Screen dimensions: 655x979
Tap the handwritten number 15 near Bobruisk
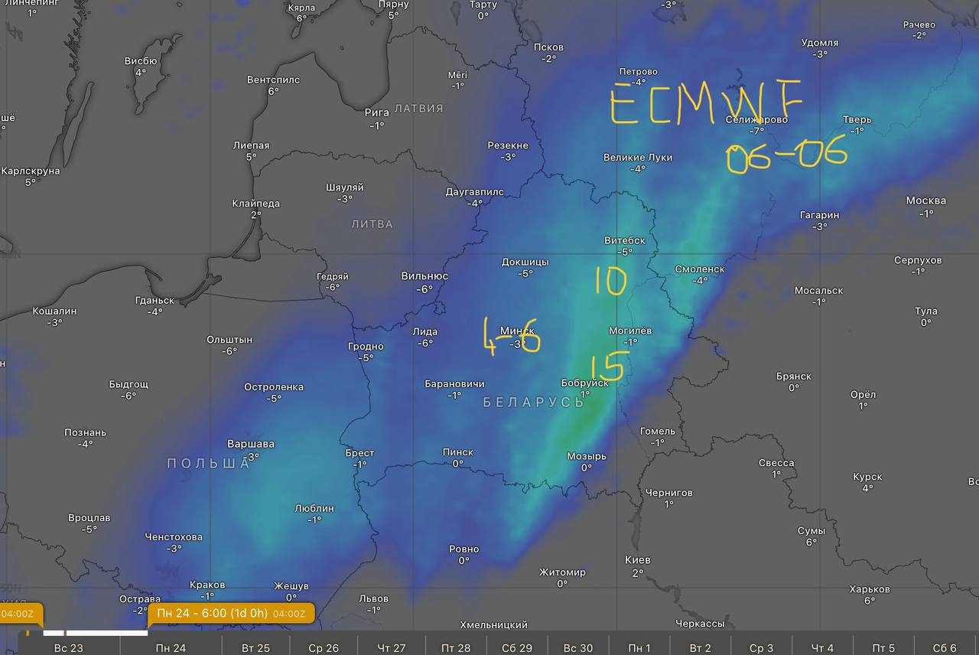tap(608, 367)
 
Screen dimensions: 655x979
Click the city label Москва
tap(925, 200)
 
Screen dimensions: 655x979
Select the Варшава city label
tap(251, 444)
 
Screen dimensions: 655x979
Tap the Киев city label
tap(637, 560)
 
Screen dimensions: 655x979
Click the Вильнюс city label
tap(424, 276)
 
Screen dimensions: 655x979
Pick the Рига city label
tap(377, 112)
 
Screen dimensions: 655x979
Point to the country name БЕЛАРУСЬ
tap(534, 402)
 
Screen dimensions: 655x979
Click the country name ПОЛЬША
tap(209, 463)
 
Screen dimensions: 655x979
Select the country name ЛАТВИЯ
tap(419, 109)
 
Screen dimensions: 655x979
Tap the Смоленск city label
tap(700, 269)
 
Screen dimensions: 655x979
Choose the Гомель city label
tap(658, 431)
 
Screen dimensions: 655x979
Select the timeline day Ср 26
tap(324, 648)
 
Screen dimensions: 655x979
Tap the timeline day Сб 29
tap(517, 648)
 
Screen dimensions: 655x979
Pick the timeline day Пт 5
tap(883, 648)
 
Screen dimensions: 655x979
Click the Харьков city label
tap(870, 589)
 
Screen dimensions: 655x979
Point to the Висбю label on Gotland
tap(141, 61)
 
